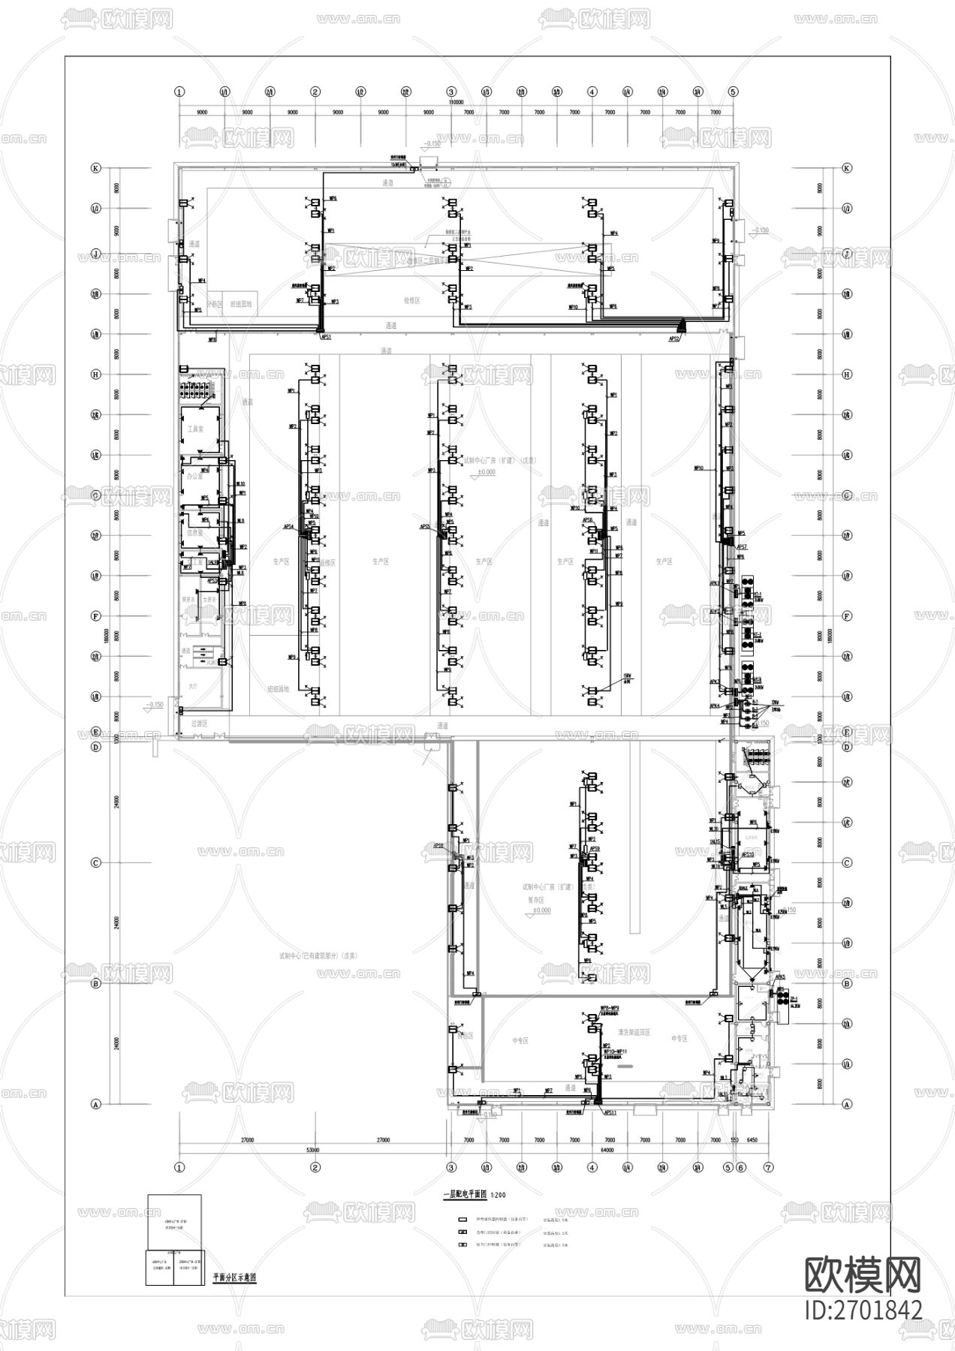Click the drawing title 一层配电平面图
[465, 1193]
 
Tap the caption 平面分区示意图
[235, 1277]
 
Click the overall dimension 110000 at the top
[456, 101]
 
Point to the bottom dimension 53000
[313, 1149]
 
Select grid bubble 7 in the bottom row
[768, 1167]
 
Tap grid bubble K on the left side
[95, 168]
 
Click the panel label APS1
[326, 338]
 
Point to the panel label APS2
[673, 339]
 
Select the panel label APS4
[288, 527]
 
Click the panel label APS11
[609, 1112]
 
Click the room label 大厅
[193, 686]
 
